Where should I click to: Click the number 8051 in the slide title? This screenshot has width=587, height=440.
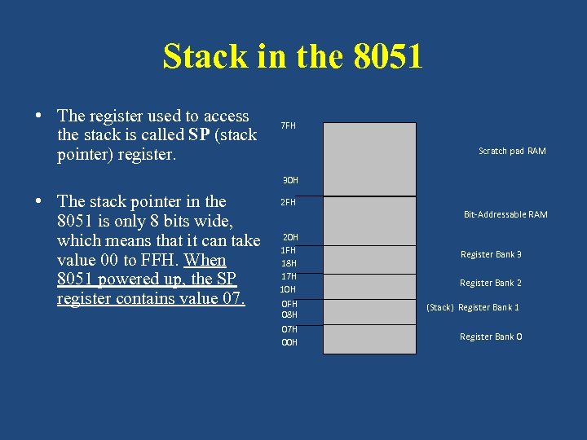tap(389, 57)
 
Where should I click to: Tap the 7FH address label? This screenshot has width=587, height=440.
tap(289, 126)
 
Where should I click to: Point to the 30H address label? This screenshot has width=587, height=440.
tap(290, 180)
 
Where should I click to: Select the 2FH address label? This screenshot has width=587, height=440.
tap(289, 202)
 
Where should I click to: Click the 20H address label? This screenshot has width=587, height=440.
tap(290, 237)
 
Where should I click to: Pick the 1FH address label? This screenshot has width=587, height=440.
tap(289, 250)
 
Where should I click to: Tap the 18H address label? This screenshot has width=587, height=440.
tap(289, 263)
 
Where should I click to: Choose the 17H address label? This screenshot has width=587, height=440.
tap(289, 276)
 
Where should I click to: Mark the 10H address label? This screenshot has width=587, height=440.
tap(289, 289)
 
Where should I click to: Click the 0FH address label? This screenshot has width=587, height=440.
tap(289, 304)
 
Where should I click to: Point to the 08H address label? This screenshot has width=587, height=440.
tap(289, 315)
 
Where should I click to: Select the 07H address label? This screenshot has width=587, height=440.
tap(289, 329)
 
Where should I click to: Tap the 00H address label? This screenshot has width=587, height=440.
tap(289, 342)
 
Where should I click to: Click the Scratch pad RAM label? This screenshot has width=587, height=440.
tap(512, 151)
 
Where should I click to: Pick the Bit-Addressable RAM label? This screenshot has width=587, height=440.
tap(505, 214)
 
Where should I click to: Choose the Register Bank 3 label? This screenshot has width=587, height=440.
tap(491, 254)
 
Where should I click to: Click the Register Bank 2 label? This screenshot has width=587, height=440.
tap(491, 283)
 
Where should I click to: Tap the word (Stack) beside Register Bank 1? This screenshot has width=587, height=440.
tap(440, 307)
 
